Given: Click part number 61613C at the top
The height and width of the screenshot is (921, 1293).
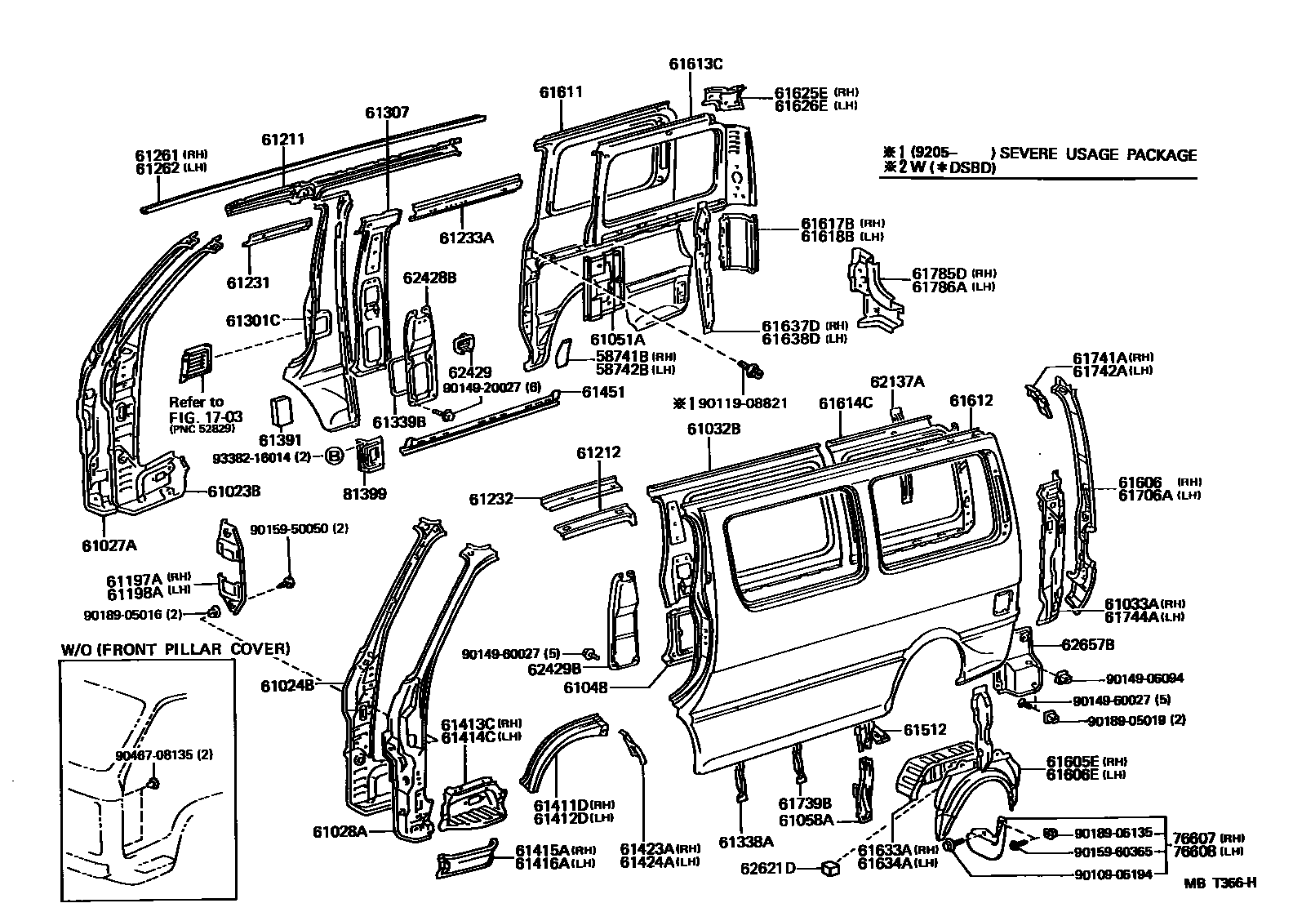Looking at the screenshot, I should pos(695,64).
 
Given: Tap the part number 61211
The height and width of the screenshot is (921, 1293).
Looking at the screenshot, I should pos(283,140).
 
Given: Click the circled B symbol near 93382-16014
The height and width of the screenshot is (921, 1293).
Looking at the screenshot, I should pos(335,456).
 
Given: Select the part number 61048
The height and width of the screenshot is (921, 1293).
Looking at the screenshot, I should pos(586,687).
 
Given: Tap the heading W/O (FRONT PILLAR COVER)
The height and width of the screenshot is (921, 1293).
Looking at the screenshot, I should pos(176,649).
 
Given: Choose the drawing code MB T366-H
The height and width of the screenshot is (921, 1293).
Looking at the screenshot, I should pos(1220,882).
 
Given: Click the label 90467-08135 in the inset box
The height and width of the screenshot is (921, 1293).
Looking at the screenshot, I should pos(158,755).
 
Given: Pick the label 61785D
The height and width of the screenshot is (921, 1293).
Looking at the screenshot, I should pos(939,273).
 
